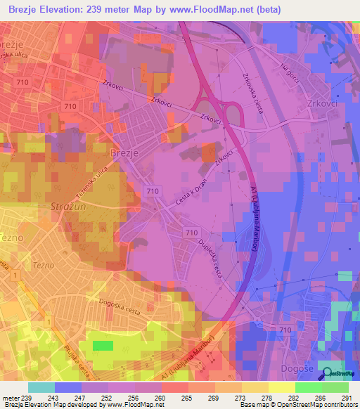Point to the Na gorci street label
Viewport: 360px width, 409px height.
point(289,72)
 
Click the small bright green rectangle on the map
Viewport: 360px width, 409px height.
point(103,345)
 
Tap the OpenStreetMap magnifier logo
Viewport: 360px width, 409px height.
point(326,372)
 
